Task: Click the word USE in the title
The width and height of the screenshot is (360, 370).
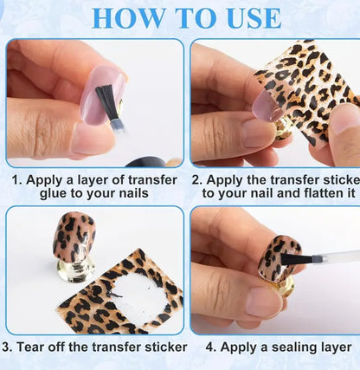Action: pyautogui.click(x=246, y=17)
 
